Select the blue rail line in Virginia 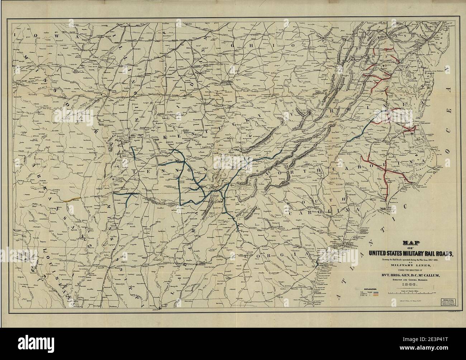coord(362,131)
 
